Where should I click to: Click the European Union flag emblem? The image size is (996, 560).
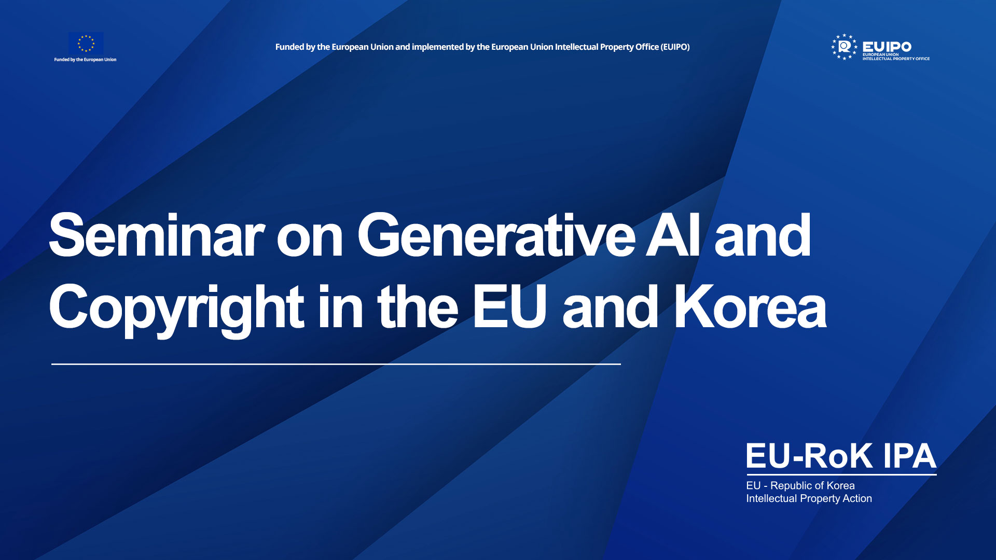86,43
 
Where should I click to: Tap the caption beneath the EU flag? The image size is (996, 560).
86,60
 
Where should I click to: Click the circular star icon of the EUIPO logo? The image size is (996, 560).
845,47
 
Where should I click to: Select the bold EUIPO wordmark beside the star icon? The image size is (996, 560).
887,47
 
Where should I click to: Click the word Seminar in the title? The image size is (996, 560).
157,236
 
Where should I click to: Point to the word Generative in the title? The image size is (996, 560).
496,236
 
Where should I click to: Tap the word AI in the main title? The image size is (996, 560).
673,236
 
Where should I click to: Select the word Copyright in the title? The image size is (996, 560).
176,309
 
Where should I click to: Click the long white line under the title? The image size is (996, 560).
336,365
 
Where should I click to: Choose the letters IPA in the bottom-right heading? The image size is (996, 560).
909,456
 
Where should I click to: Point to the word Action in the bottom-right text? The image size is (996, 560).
857,498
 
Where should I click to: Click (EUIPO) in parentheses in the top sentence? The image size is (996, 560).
675,47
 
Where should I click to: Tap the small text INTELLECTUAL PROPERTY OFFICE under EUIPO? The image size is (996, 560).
896,59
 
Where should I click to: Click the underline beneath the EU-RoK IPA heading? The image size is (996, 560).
841,474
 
